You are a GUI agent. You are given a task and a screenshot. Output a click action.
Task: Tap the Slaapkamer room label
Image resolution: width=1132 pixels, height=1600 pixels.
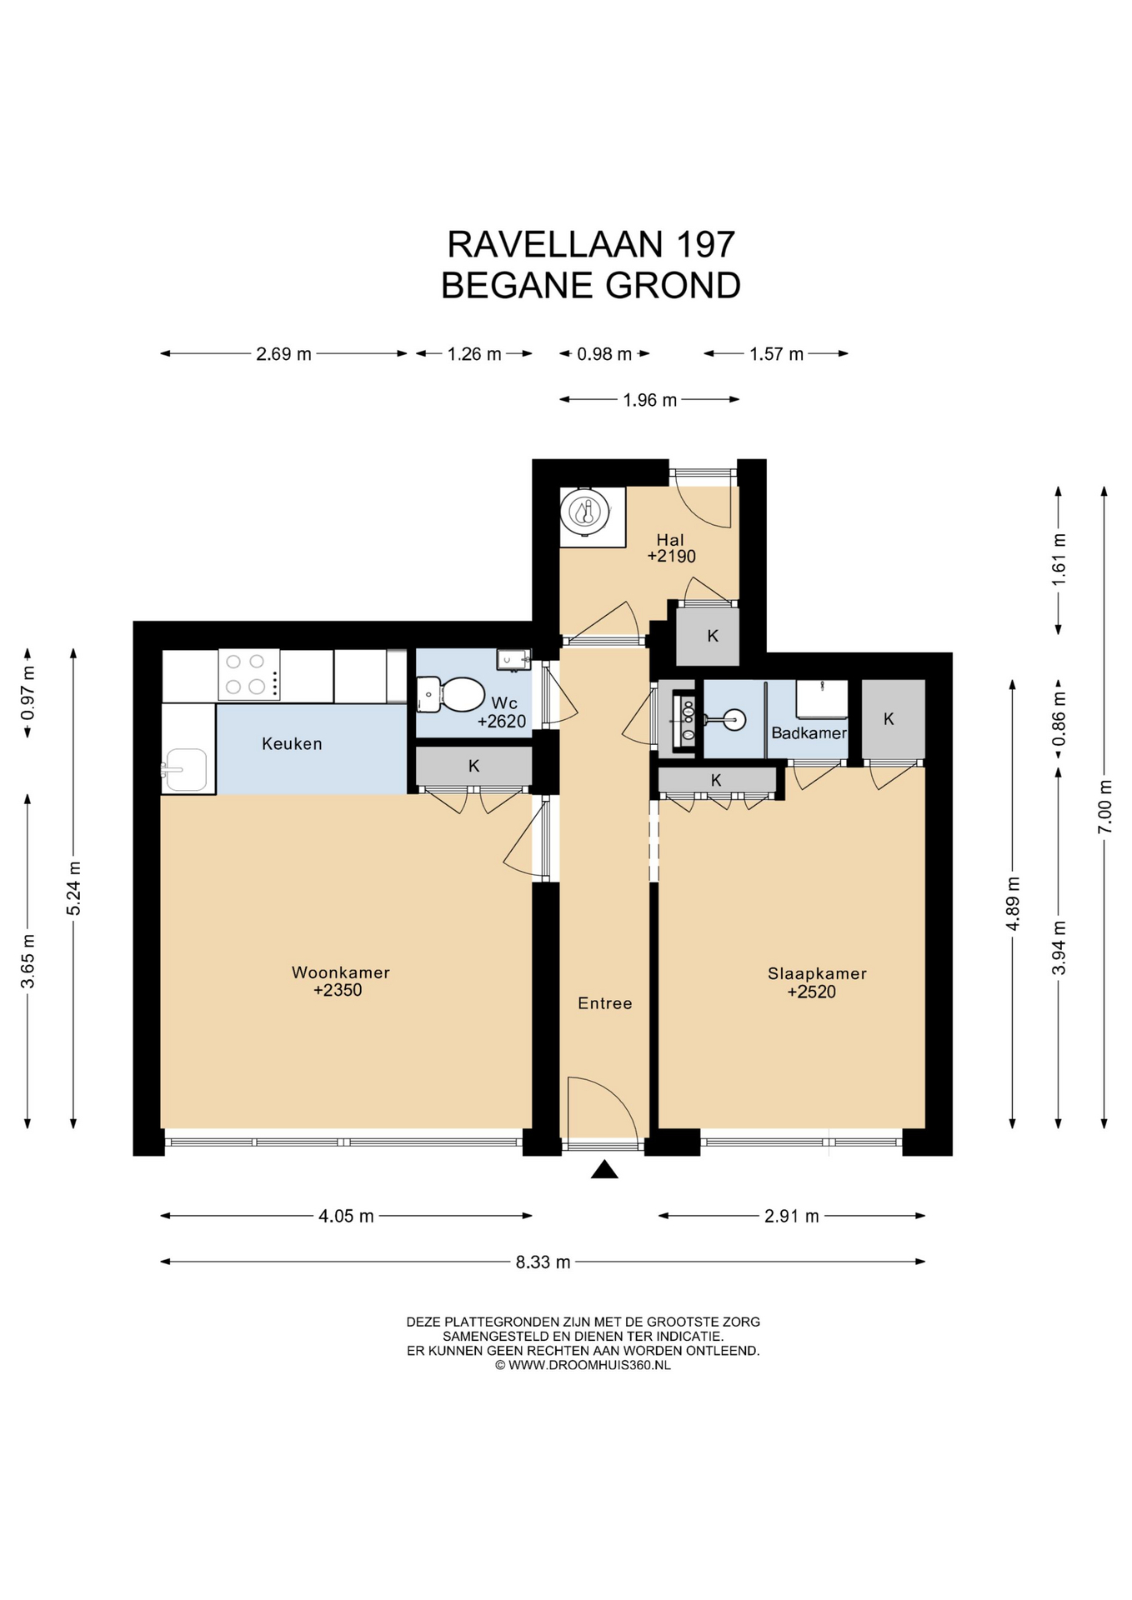(x=817, y=973)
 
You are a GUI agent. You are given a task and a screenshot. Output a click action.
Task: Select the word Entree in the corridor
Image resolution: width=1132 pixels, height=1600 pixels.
(x=604, y=1003)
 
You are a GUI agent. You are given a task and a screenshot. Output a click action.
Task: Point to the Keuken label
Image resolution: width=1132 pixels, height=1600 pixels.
(x=292, y=743)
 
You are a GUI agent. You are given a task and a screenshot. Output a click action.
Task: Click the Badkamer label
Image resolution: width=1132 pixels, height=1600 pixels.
(x=809, y=733)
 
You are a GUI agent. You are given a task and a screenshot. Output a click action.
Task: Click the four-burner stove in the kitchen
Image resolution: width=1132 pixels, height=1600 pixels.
(x=248, y=674)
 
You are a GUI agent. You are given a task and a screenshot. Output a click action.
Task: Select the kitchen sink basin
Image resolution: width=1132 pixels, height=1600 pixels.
(x=186, y=769)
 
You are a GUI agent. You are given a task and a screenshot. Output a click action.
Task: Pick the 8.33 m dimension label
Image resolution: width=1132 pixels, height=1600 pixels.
(x=543, y=1262)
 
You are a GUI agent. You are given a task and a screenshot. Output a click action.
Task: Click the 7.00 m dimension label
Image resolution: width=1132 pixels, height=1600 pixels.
(x=1104, y=806)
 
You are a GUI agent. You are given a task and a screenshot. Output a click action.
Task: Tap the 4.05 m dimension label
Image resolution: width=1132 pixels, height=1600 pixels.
(x=346, y=1216)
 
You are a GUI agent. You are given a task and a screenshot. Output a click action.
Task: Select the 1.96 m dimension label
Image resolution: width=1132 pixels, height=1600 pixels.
(x=649, y=400)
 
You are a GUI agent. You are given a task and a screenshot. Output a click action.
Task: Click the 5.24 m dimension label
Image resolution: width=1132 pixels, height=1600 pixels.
(x=73, y=888)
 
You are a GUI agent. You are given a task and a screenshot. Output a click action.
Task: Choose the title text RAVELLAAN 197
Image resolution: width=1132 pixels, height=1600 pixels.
(x=591, y=244)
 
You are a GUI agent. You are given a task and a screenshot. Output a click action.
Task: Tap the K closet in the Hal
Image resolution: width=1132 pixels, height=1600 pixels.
(x=708, y=636)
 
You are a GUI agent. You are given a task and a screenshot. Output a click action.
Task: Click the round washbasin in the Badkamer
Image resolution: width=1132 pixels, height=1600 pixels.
(x=734, y=718)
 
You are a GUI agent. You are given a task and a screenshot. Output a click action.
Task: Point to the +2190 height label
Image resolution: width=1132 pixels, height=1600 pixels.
(x=671, y=556)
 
